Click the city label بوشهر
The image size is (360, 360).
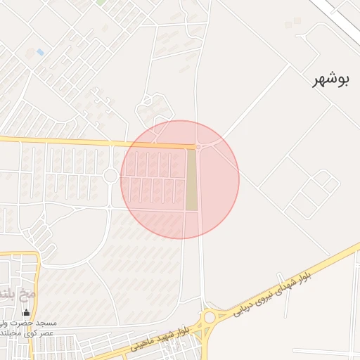(332, 79)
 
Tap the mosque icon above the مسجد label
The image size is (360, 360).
(27, 313)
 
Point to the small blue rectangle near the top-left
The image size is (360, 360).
(40, 52)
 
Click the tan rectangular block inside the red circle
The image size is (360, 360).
(191, 180)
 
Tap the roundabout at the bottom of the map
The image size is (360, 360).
(209, 318)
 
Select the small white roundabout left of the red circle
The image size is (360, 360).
(110, 176)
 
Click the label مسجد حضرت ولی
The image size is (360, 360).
(30, 323)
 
